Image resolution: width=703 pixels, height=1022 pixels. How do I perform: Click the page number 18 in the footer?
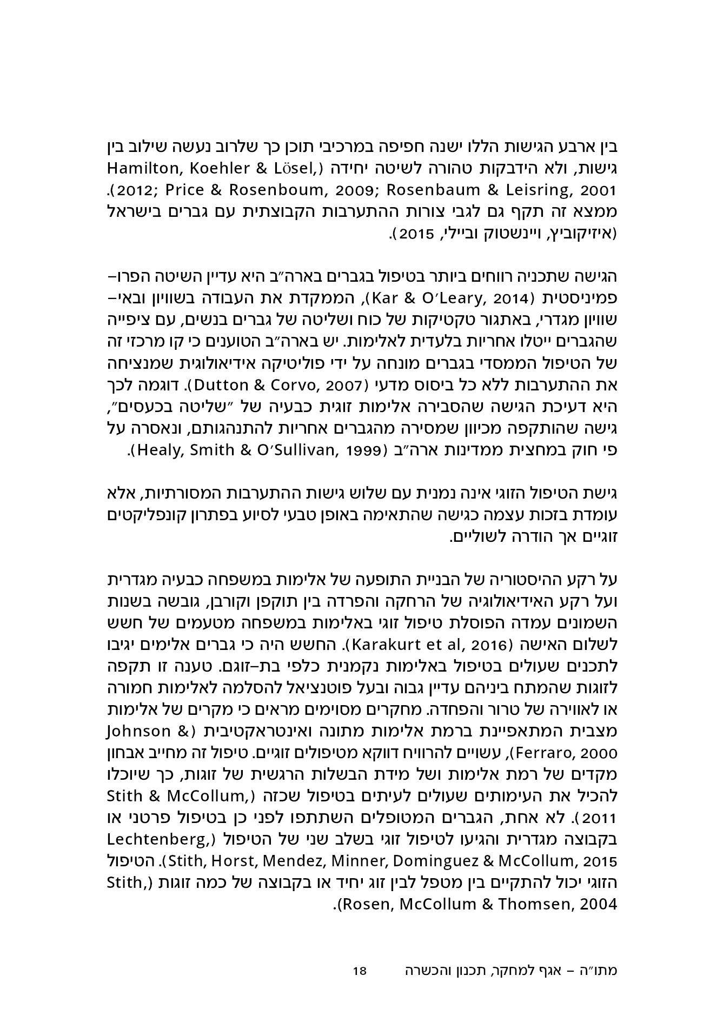360,971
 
